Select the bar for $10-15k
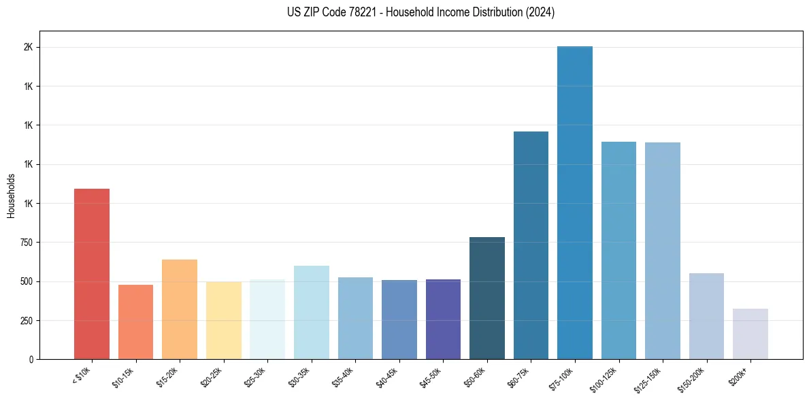coord(135,322)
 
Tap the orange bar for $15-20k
coord(180,309)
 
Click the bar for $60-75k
coord(531,245)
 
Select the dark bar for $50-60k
coord(487,298)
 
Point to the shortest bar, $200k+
coord(750,334)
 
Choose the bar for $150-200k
coord(706,316)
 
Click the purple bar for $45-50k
coord(443,319)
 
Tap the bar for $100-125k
coord(618,250)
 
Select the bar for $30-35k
coord(312,312)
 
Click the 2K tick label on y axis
coord(28,48)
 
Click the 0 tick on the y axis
coord(31,359)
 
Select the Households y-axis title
coord(11,196)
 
